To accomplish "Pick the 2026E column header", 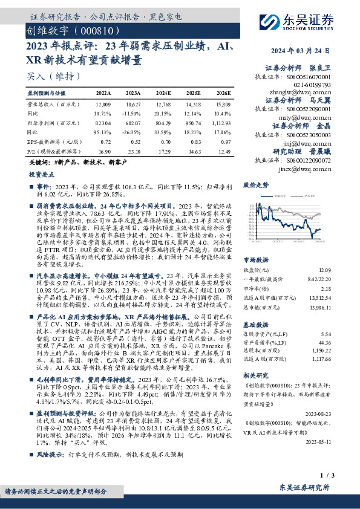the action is [224, 94].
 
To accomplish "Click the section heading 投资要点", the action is [41, 173].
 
